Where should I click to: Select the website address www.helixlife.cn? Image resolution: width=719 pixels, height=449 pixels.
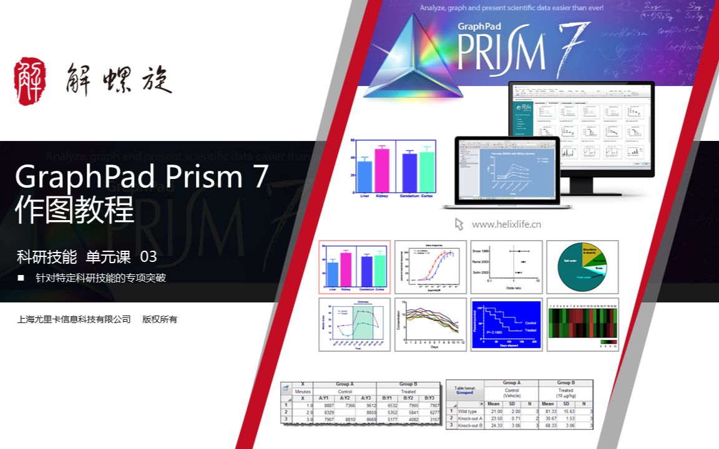506,224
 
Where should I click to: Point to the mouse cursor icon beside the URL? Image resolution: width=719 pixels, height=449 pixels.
459,224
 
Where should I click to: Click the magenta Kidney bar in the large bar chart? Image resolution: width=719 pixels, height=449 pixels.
383,169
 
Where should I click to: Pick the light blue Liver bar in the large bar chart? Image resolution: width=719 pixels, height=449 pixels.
365,175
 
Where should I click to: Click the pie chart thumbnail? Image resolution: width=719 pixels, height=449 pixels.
582,266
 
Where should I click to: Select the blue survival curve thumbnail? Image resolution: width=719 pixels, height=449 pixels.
506,324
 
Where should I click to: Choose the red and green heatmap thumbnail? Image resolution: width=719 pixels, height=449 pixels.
582,324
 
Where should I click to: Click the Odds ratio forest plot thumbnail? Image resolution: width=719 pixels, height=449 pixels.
506,266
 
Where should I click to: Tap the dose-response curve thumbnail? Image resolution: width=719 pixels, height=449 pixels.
431,266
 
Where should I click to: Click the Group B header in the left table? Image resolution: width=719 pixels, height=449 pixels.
408,384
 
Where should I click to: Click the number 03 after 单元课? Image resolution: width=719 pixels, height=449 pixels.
149,257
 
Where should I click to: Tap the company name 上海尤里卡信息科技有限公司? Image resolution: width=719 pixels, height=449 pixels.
74,319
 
